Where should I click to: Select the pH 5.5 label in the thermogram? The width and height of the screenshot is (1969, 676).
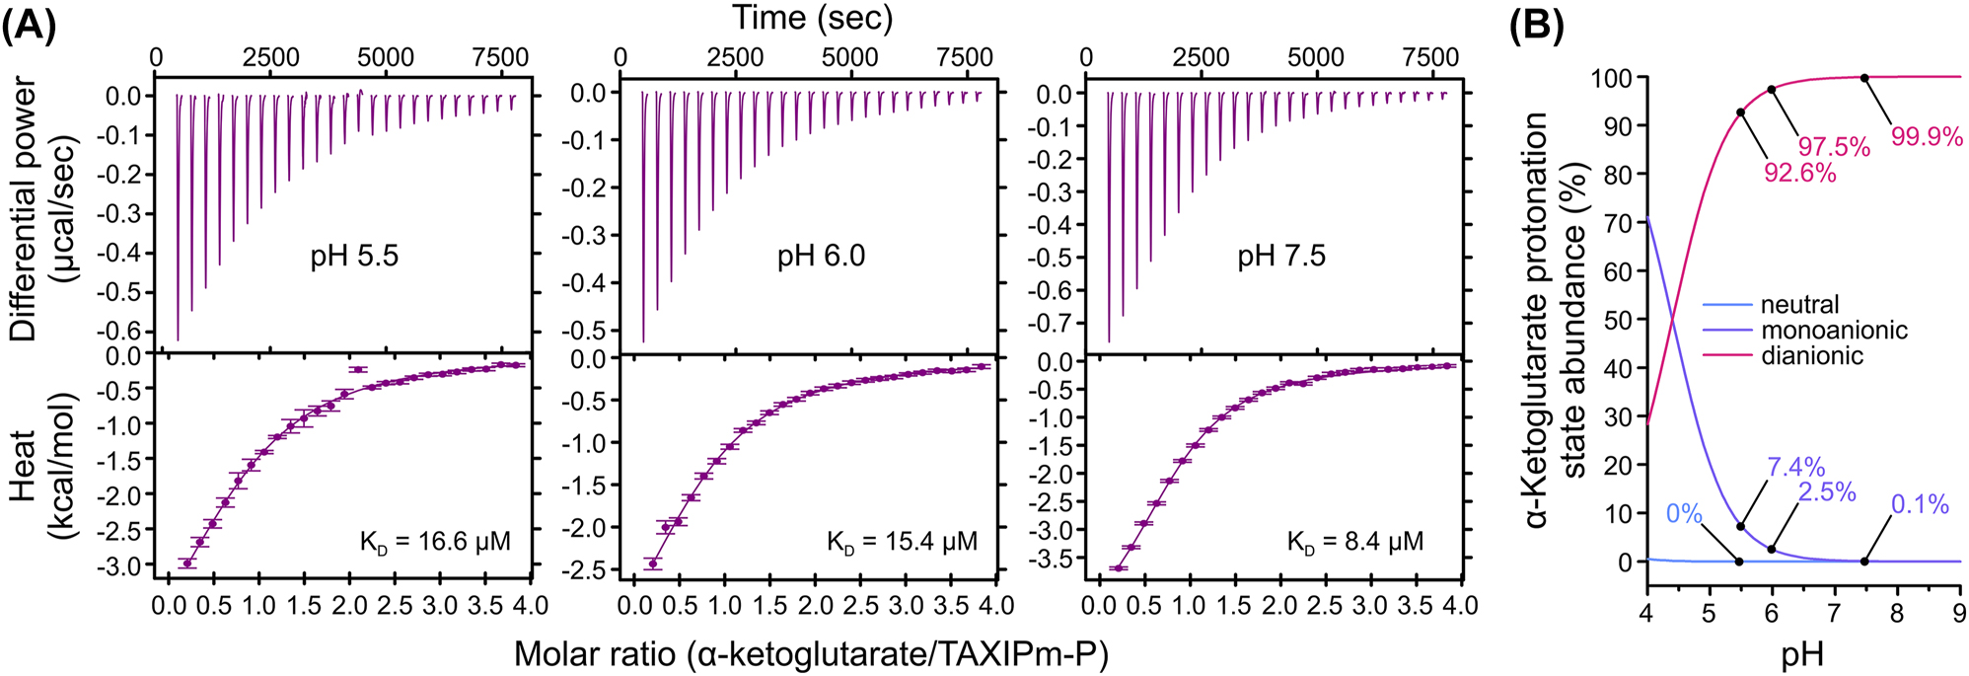354,257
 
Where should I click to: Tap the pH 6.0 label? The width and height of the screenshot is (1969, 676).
821,257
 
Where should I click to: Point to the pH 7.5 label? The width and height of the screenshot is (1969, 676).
1281,257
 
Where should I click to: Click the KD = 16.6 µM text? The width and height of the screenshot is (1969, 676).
435,542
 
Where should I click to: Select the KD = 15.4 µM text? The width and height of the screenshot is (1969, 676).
902,542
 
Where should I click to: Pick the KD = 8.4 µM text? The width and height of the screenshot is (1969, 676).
1354,542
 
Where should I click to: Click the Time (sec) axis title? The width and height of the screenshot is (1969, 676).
812,18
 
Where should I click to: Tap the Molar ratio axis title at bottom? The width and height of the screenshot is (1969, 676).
811,653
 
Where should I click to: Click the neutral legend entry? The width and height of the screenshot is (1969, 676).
1799,305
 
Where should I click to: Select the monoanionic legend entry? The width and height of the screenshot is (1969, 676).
1834,330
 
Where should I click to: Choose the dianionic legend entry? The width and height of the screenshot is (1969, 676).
1812,355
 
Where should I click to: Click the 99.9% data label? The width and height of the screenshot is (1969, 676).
1926,137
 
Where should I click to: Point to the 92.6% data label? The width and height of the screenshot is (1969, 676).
1799,174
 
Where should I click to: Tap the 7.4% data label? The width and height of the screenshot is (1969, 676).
1795,467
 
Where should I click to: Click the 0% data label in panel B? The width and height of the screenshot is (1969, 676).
1684,513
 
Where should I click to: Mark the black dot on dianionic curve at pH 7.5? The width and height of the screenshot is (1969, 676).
1864,78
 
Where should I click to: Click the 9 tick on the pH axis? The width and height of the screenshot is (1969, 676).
1958,614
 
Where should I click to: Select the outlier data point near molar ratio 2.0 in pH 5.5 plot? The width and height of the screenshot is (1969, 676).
358,369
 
